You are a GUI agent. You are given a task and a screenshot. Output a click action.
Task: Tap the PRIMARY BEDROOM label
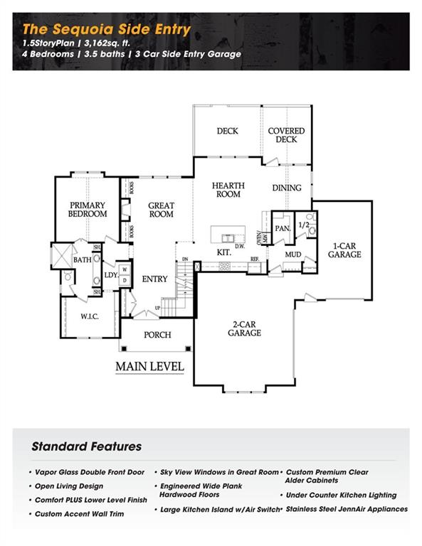88,209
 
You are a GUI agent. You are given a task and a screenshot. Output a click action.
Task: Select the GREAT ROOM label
161,210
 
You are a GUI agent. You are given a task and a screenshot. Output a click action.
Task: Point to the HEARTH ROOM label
228,190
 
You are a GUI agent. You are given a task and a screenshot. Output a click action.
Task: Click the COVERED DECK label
286,135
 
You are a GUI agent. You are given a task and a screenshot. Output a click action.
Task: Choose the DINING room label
286,188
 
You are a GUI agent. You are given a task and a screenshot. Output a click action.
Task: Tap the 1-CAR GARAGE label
344,250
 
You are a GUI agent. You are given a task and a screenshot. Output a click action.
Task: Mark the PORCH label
157,335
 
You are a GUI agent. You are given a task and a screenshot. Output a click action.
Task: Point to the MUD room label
293,254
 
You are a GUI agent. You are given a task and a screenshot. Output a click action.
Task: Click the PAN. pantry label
282,228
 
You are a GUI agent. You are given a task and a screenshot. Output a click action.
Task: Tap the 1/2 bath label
303,225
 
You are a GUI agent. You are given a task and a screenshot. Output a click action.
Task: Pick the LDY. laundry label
111,275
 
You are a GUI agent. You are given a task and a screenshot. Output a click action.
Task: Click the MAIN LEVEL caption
149,367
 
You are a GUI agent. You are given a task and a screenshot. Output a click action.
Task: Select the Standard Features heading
86,446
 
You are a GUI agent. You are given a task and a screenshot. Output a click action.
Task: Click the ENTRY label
154,279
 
